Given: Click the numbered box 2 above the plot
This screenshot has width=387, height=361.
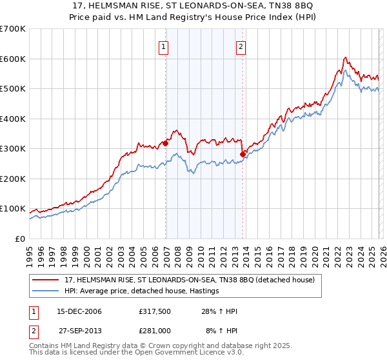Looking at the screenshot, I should pos(241,46).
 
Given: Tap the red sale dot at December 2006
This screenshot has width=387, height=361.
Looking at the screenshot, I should pos(166,144).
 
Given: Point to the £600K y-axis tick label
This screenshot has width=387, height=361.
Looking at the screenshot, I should pos(13,59).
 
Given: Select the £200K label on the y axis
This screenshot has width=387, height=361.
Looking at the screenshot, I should pos(13,179).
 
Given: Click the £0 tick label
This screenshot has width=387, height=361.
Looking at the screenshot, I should pos(20,239).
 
